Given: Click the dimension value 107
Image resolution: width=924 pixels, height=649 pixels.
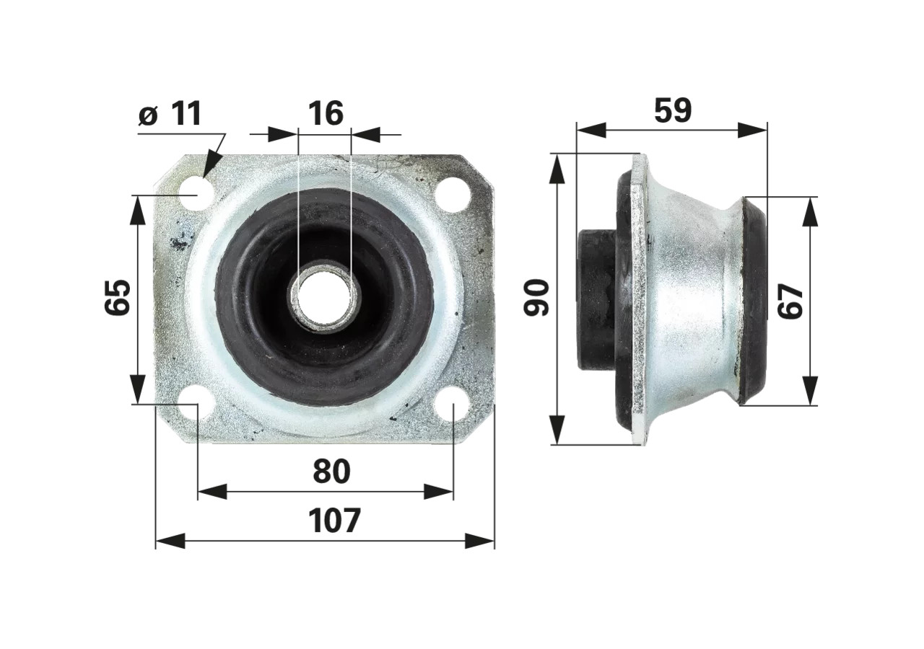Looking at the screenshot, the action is [x=334, y=521].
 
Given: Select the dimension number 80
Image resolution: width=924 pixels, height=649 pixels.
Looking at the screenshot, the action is [x=331, y=472].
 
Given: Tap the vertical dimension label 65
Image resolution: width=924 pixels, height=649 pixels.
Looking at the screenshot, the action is [x=118, y=298].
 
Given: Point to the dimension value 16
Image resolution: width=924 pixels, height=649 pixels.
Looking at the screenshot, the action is [x=326, y=113].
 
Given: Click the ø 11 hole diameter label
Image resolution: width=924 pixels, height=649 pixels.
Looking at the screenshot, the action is [x=170, y=113].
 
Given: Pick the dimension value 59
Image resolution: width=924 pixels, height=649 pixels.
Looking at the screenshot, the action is [x=673, y=110].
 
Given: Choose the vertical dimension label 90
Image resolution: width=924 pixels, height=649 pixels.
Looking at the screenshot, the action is [x=536, y=298].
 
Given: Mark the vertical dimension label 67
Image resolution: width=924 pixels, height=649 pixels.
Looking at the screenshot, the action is [x=790, y=301].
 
